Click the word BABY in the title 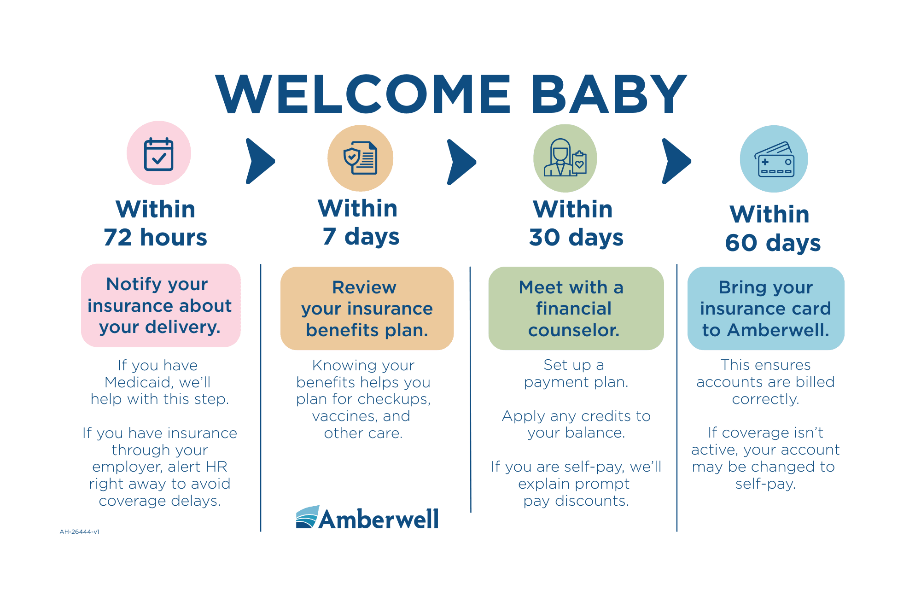609,94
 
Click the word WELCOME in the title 363,94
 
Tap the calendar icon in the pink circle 159,154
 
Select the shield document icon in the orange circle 361,158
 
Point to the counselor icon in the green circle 565,158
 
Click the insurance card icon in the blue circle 774,159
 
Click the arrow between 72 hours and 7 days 260,161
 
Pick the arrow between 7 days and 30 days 461,162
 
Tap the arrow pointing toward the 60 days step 676,161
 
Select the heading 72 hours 156,238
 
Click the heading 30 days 576,238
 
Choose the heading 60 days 773,243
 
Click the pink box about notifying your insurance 161,305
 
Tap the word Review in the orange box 364,287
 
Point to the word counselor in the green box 574,330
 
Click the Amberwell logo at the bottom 367,518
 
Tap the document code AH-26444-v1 80,532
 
